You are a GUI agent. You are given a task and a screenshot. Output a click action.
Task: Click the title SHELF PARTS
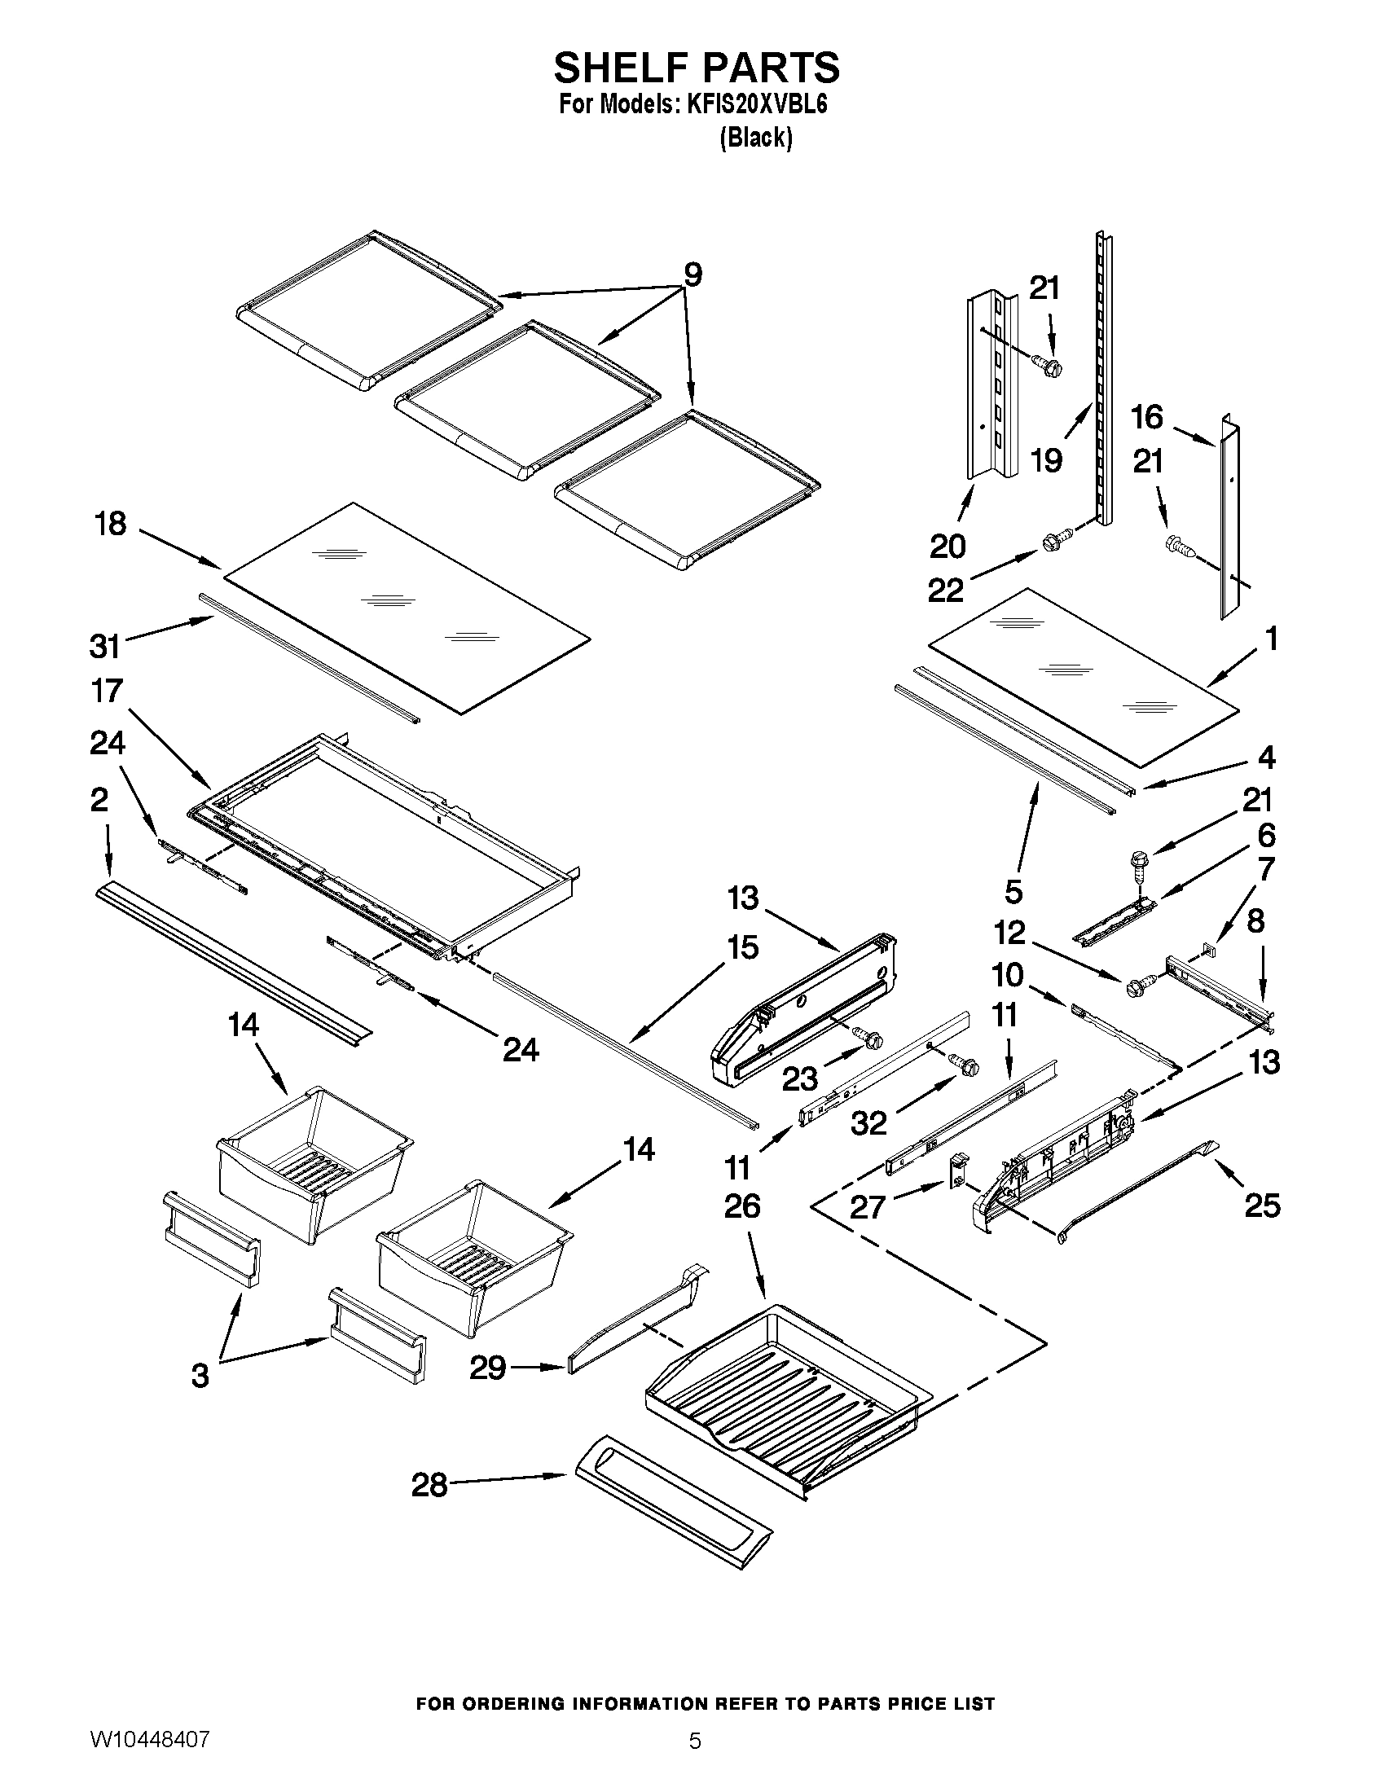(x=696, y=67)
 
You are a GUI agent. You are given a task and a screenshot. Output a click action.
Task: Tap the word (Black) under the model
(x=755, y=138)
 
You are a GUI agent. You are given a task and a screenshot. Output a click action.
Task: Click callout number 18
(x=111, y=524)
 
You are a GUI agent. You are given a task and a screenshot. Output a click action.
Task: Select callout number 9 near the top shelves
(x=693, y=275)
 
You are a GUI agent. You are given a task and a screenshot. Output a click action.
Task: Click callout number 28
(x=429, y=1484)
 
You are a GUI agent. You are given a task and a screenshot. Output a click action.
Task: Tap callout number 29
(x=486, y=1367)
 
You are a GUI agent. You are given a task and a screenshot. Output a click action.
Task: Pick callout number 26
(x=741, y=1206)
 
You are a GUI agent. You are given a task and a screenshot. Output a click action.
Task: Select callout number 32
(x=868, y=1122)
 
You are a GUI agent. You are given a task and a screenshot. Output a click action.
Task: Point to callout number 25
(x=1262, y=1206)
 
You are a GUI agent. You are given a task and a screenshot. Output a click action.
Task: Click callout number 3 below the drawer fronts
(x=200, y=1375)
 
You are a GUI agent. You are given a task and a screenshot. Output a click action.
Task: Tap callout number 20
(x=948, y=546)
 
